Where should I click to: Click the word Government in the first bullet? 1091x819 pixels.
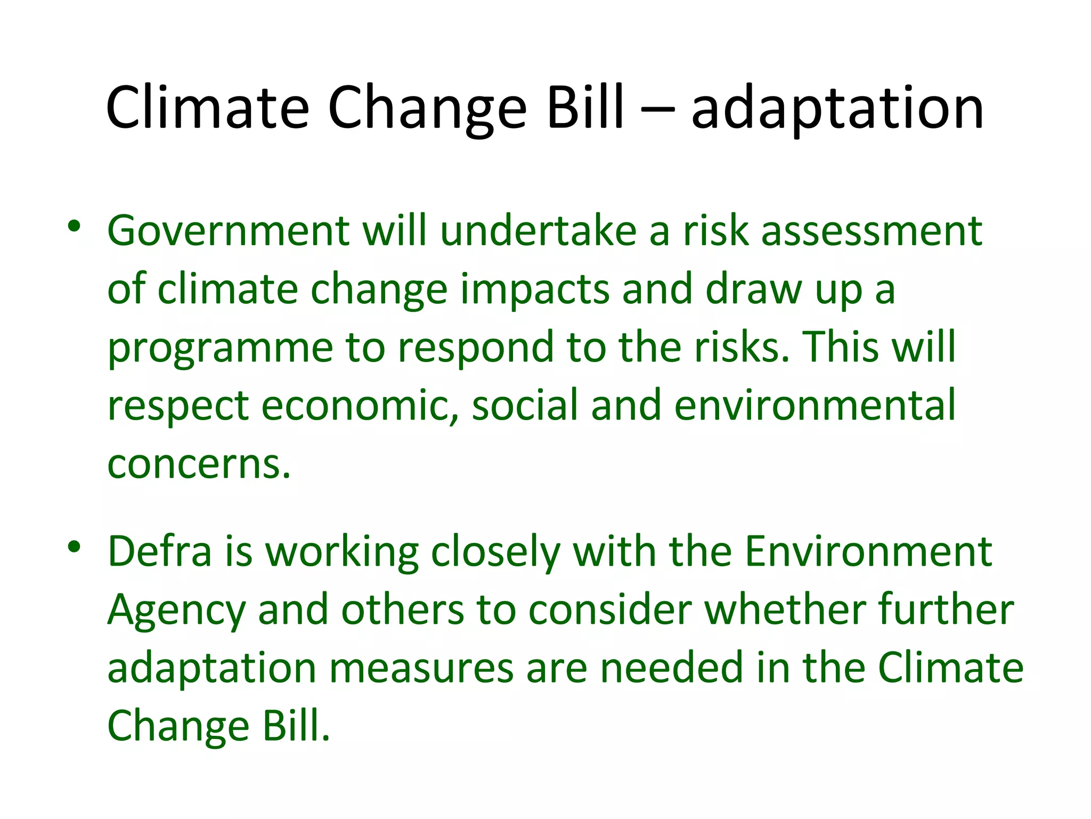228,231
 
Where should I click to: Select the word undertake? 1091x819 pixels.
538,231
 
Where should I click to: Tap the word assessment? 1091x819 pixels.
872,231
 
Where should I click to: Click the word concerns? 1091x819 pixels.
199,464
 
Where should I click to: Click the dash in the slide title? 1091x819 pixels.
657,110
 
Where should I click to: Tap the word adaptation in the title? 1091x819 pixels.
837,110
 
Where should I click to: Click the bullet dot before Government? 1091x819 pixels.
74,226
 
